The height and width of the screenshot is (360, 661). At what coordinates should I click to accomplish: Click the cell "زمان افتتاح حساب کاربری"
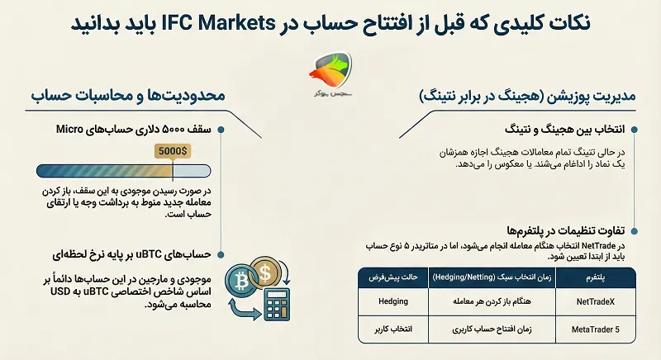click(x=495, y=329)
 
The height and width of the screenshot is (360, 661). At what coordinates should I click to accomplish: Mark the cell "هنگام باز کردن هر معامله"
click(x=495, y=301)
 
